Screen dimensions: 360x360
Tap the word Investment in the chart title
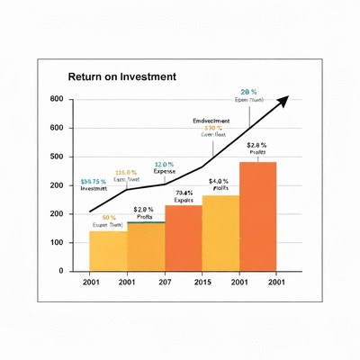point(144,77)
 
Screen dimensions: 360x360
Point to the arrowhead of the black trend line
point(283,98)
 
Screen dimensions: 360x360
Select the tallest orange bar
point(257,216)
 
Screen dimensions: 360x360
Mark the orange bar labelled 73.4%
point(183,238)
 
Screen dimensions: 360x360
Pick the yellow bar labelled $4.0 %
point(220,233)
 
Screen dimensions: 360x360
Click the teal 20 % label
point(249,92)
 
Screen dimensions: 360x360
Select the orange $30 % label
point(213,128)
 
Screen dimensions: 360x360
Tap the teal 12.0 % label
point(164,164)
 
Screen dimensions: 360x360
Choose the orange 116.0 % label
point(125,172)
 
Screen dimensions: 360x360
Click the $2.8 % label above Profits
point(256,145)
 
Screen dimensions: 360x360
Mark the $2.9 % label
point(145,209)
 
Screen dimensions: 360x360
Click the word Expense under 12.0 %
point(164,171)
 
